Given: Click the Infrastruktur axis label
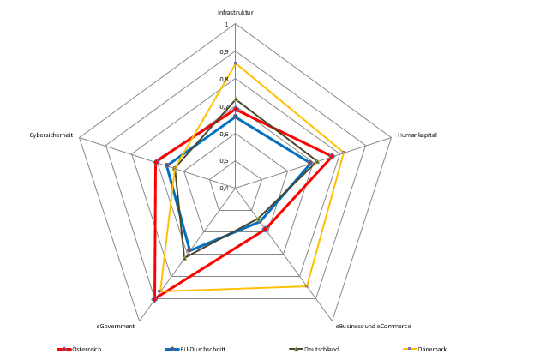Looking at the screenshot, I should point(235,12).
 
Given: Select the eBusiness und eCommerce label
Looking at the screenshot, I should point(373,326).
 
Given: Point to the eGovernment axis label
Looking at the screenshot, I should point(115,326).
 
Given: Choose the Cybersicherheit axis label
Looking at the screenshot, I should point(51,135).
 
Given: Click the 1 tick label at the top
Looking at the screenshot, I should point(227,25).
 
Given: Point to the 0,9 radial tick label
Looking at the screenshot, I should point(225,52).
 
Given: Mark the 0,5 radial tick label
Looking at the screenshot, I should point(225,161).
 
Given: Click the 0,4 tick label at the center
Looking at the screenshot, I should point(225,188).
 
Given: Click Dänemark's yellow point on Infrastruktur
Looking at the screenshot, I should point(235,63).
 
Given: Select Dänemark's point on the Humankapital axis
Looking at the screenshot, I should point(343,153).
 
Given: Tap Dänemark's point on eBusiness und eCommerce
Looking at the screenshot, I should point(305,286).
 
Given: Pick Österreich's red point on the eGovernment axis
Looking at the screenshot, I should point(155,299).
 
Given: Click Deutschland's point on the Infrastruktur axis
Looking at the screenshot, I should point(235,100).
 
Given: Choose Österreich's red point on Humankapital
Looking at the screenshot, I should point(332,156).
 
